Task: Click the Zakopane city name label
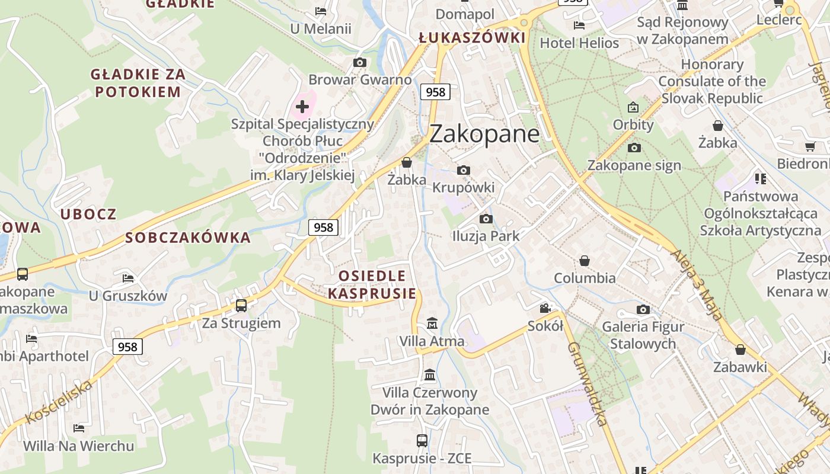pyautogui.click(x=484, y=134)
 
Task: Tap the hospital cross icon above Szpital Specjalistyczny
pyautogui.click(x=302, y=107)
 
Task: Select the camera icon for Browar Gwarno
pyautogui.click(x=359, y=62)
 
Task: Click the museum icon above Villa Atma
pyautogui.click(x=432, y=324)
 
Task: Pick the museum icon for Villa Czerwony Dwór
pyautogui.click(x=430, y=375)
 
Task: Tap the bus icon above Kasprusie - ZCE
pyautogui.click(x=422, y=441)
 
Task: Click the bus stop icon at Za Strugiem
pyautogui.click(x=241, y=306)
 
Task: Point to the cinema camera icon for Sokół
pyautogui.click(x=545, y=308)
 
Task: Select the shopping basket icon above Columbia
pyautogui.click(x=585, y=261)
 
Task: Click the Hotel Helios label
pyautogui.click(x=579, y=43)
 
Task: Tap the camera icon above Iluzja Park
pyautogui.click(x=486, y=219)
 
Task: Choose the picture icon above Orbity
pyautogui.click(x=633, y=107)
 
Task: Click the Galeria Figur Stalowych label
pyautogui.click(x=643, y=335)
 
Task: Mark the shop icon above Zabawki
pyautogui.click(x=740, y=350)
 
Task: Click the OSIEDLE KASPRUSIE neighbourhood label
pyautogui.click(x=372, y=284)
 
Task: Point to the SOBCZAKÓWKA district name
pyautogui.click(x=188, y=238)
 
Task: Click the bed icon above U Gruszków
pyautogui.click(x=128, y=278)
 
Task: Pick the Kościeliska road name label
pyautogui.click(x=59, y=402)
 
